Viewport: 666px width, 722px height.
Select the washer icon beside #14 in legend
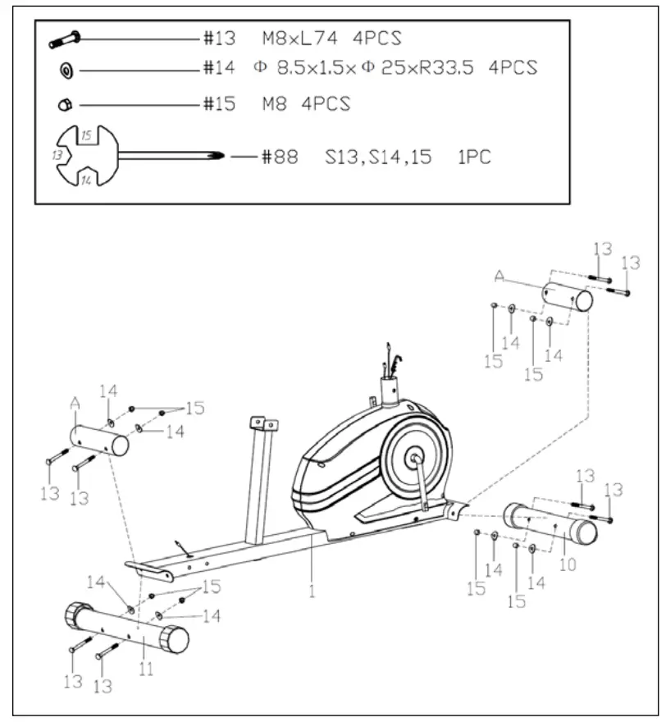tap(66, 71)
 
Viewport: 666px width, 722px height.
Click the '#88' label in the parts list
tap(281, 157)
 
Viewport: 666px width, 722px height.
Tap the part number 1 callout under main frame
tap(312, 589)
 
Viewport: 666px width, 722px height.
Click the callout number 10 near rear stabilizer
tap(568, 564)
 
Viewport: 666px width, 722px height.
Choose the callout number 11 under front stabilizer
tap(146, 669)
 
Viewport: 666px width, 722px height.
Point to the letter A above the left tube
tap(76, 403)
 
